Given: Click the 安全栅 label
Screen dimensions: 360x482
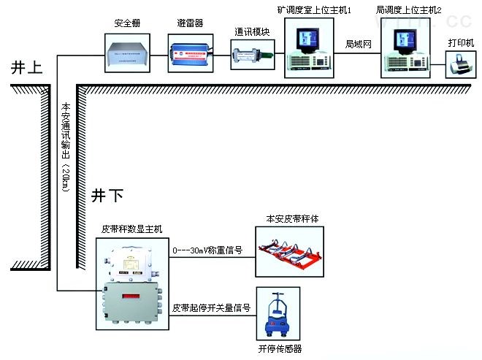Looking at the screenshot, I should point(127,23).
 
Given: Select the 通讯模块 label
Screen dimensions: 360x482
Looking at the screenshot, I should point(252,31).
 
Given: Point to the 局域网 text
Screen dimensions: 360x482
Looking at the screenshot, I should point(359,45).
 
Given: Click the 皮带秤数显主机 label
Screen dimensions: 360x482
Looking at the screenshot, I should point(132,229).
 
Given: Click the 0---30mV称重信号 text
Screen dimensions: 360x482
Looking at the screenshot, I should point(207,250).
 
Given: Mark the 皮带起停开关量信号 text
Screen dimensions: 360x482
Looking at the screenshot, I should point(212,308).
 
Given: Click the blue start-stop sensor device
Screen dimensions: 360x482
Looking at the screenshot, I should point(279,316).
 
